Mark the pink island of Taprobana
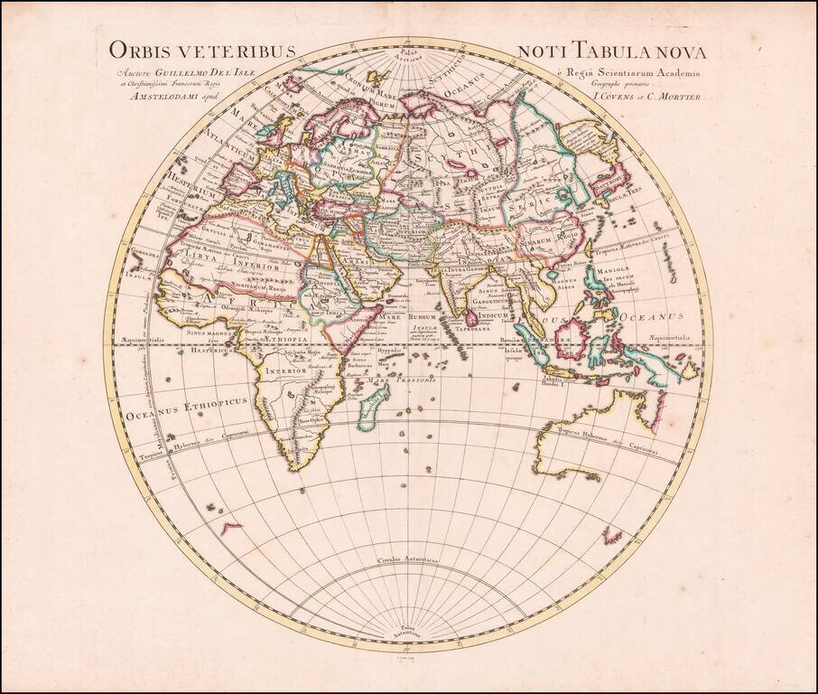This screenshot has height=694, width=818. tap(470, 318)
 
